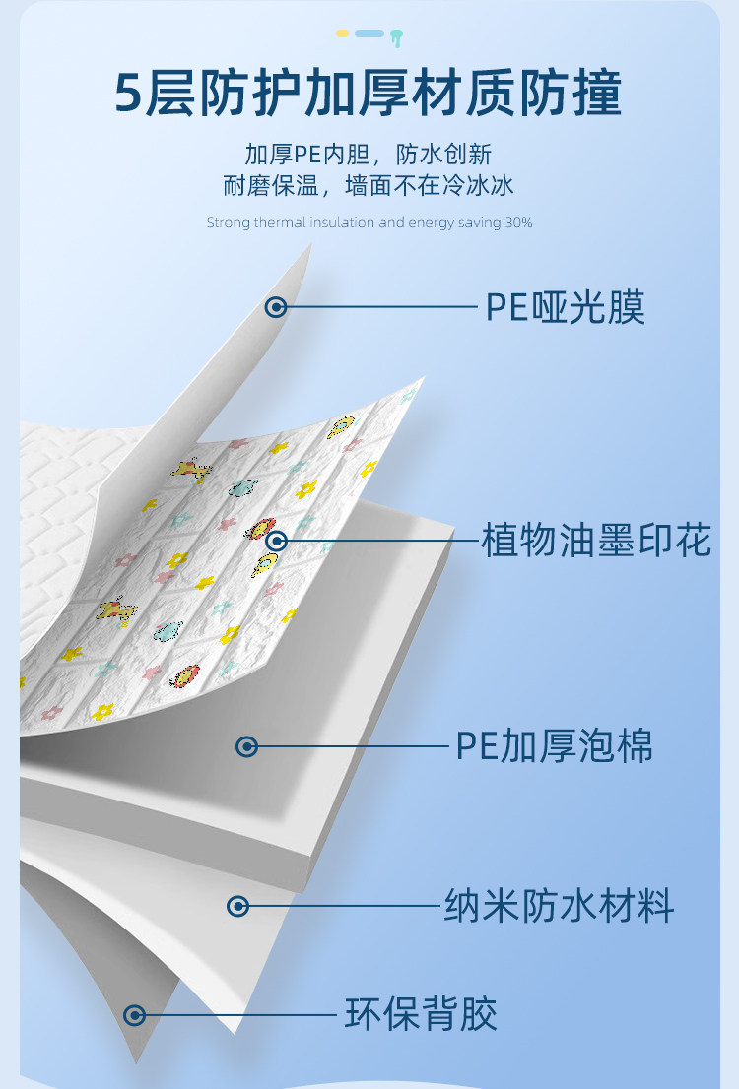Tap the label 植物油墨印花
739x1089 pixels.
[x=596, y=541]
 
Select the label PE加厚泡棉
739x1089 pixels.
[x=554, y=747]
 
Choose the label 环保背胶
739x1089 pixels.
[x=421, y=1014]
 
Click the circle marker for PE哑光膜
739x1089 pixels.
[x=277, y=307]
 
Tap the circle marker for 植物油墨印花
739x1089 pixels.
[x=277, y=540]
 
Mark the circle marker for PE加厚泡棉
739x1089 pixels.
[x=247, y=747]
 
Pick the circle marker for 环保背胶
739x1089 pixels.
[x=136, y=1014]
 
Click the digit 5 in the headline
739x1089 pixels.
[x=129, y=96]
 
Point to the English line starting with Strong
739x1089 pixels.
[x=369, y=223]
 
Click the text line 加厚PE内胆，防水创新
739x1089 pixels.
[x=369, y=155]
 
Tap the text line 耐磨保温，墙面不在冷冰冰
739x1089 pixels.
[x=369, y=186]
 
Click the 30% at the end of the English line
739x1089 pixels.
[x=519, y=223]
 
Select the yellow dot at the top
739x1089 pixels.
[x=342, y=33]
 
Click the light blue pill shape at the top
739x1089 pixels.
[x=369, y=33]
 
